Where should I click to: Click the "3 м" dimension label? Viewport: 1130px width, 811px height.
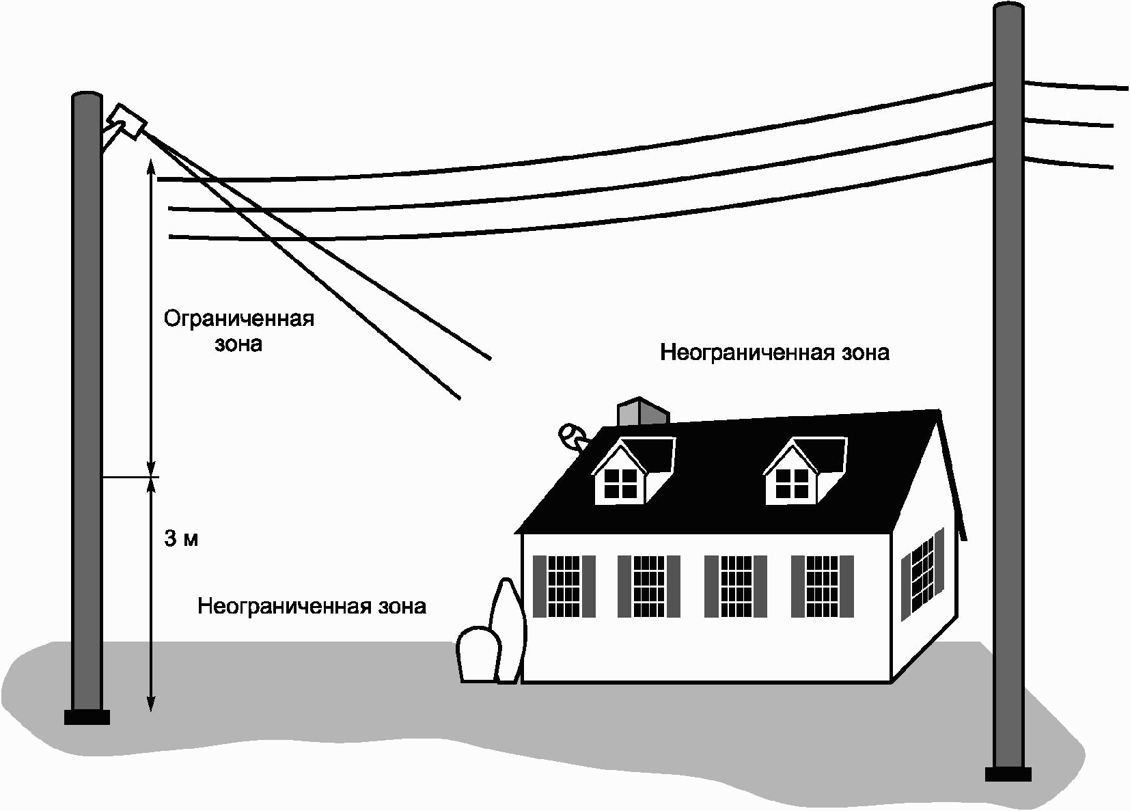(181, 539)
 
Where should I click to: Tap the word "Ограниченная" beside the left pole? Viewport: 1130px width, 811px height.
(238, 319)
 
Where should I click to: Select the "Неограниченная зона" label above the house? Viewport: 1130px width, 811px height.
(775, 353)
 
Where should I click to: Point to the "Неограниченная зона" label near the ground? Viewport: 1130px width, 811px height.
(312, 606)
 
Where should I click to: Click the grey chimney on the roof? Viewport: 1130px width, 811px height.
(642, 412)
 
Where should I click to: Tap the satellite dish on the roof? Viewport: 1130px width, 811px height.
(570, 435)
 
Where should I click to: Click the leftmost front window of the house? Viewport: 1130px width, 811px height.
(564, 586)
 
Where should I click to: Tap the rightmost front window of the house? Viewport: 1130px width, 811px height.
(822, 586)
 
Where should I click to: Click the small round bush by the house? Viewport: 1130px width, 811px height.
(478, 655)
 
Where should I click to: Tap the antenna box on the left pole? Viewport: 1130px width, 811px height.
(127, 122)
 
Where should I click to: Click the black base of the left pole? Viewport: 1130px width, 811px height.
(87, 717)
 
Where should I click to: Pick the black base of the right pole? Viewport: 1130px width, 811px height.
(1008, 773)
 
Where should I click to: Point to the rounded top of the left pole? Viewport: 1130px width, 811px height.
(87, 96)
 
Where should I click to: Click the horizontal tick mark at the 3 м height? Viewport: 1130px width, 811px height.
(130, 477)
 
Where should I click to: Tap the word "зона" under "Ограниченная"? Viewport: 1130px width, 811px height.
(238, 344)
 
